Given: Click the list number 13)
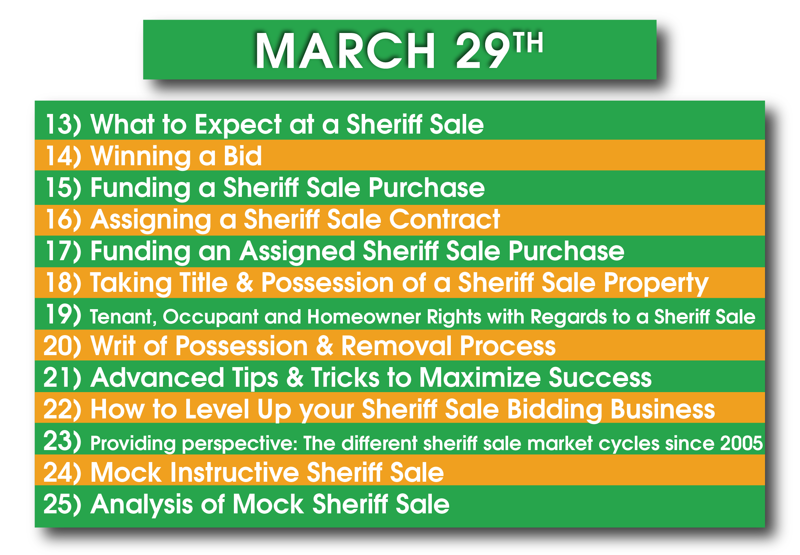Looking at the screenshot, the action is pos(64,124).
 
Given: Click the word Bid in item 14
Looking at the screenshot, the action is pos(242,156).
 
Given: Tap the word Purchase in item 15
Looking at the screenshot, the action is pos(427,188).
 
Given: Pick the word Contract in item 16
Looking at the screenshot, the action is pos(444,220).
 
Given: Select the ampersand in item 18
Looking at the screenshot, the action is pos(245,282).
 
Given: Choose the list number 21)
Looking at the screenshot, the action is pos(62,377).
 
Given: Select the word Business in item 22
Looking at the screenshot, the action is pos(663,409).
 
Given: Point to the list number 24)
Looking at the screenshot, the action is pos(62,472).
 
